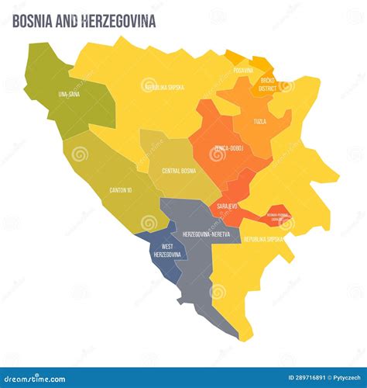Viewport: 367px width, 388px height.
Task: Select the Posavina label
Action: pos(242,70)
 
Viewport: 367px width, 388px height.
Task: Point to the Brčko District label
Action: pos(267,83)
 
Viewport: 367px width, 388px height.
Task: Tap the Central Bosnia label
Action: pos(178,170)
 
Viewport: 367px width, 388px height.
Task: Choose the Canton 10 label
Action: pos(121,190)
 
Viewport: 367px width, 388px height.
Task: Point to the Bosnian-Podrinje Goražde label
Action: pos(276,217)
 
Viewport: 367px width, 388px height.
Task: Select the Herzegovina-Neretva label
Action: pos(205,234)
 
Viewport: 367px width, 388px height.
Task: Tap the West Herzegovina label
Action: pos(167,251)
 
